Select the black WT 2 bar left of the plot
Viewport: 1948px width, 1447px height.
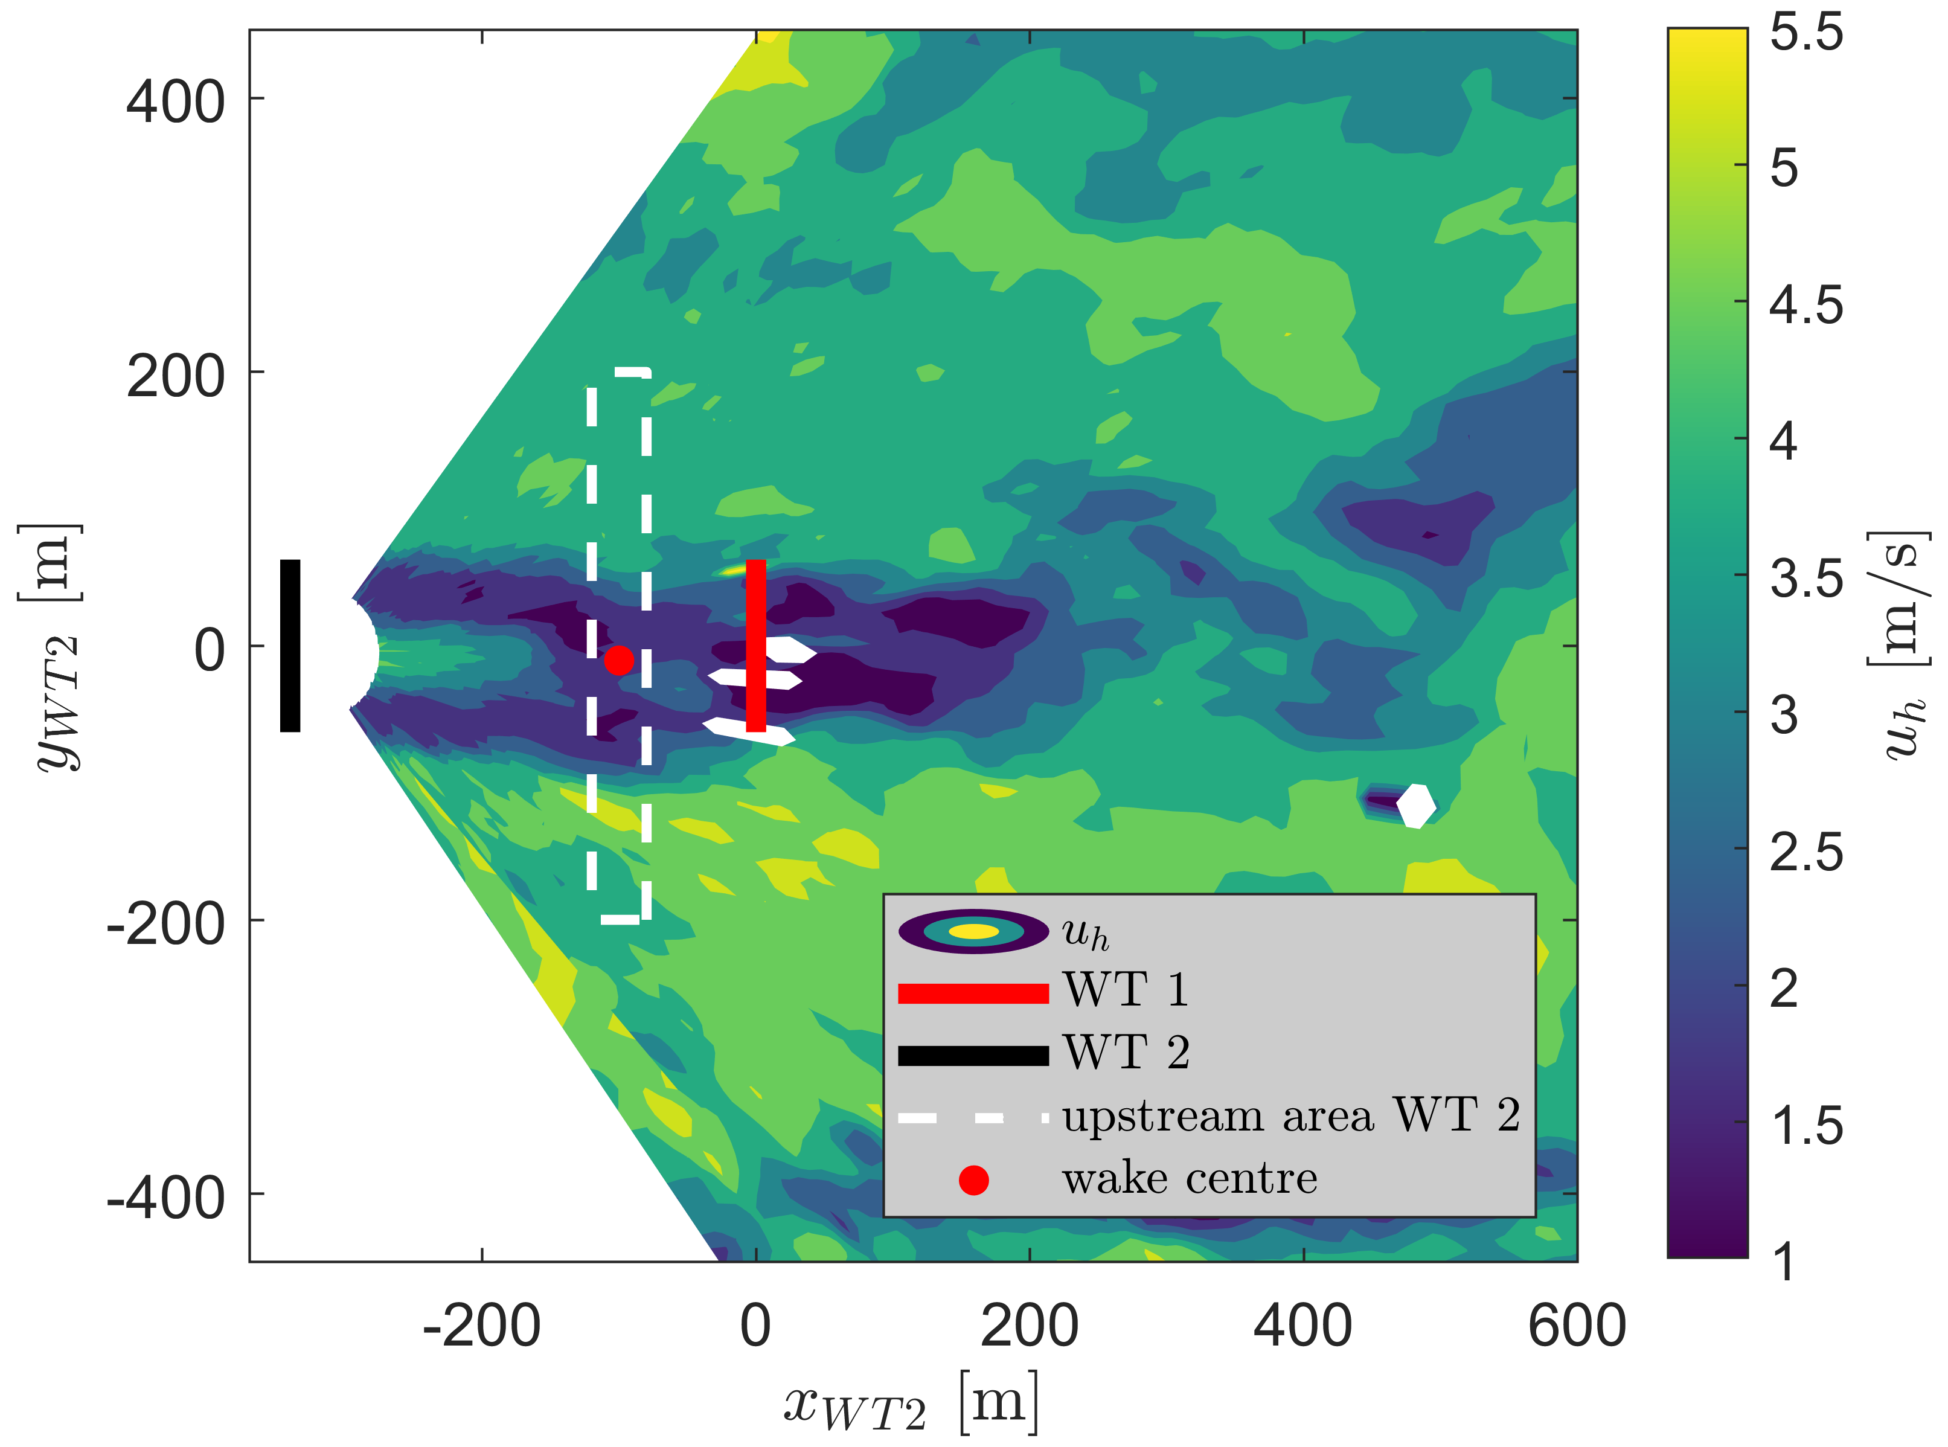[x=290, y=646]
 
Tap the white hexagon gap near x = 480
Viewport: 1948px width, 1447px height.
[x=1415, y=806]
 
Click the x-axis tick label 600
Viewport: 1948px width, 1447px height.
[x=1577, y=1326]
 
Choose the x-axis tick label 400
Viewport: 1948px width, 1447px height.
[x=1302, y=1326]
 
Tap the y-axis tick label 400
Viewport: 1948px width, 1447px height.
[x=175, y=103]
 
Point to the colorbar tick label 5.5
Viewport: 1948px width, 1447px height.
[x=1806, y=33]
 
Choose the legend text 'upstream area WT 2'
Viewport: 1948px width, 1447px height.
[x=1291, y=1117]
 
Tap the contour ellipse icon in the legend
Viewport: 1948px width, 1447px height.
[x=973, y=932]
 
